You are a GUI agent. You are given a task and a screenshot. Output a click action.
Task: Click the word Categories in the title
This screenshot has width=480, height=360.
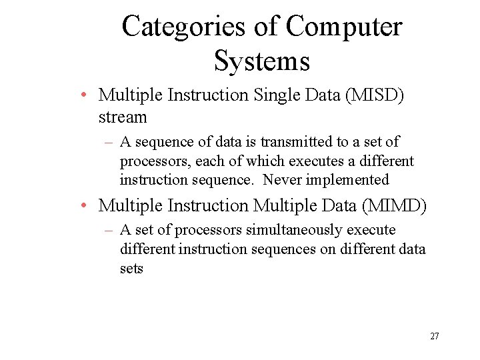tap(184, 27)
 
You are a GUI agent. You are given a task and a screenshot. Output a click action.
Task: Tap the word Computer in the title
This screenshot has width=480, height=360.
tap(344, 27)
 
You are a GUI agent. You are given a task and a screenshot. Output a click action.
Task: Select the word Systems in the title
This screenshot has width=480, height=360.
tap(262, 61)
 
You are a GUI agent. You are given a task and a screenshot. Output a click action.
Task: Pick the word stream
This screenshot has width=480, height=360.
tap(122, 117)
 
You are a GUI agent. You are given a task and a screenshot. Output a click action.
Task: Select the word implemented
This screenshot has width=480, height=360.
tap(347, 179)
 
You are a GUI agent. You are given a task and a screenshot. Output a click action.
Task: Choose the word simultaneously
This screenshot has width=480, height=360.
tap(289, 230)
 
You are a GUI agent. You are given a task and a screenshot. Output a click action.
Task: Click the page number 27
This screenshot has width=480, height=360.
tap(434, 336)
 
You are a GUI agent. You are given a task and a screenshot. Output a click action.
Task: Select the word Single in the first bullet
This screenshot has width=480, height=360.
tap(274, 95)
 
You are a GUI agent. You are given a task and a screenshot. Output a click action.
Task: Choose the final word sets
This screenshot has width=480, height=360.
tap(131, 269)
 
